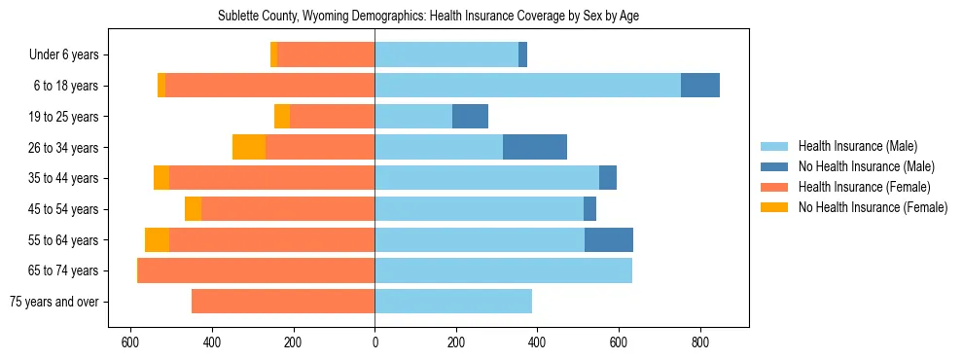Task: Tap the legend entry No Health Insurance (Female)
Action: (x=873, y=207)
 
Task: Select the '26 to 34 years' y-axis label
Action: (x=63, y=148)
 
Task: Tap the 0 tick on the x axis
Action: (x=374, y=342)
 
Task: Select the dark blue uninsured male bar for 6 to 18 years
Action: (x=700, y=86)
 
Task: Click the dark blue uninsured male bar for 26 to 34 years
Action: (x=535, y=147)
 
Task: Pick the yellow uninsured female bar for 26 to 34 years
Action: (x=249, y=147)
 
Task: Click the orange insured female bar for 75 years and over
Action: (x=283, y=302)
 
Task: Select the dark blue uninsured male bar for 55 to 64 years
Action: (x=609, y=239)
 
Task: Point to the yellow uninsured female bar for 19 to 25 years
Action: (x=282, y=117)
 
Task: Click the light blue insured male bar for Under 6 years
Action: (x=446, y=54)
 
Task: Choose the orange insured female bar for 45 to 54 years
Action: (x=288, y=209)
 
